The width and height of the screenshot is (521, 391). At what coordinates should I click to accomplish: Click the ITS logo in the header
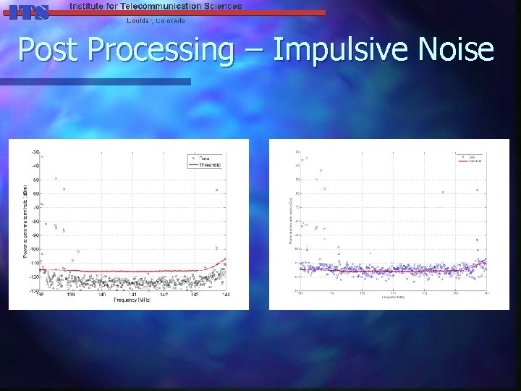tap(28, 11)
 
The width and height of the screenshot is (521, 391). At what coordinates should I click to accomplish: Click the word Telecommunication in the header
tap(156, 6)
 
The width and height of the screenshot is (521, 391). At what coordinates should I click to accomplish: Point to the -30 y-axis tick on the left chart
tap(35, 151)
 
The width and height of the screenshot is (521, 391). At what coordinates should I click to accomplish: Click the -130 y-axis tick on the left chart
tap(33, 290)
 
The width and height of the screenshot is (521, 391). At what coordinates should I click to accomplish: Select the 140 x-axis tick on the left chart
tap(102, 295)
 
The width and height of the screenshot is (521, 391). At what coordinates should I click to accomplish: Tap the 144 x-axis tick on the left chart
tap(226, 295)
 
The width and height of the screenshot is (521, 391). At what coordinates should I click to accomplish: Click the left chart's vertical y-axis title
tap(26, 221)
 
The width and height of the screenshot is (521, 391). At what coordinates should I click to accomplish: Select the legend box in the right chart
tap(470, 158)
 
